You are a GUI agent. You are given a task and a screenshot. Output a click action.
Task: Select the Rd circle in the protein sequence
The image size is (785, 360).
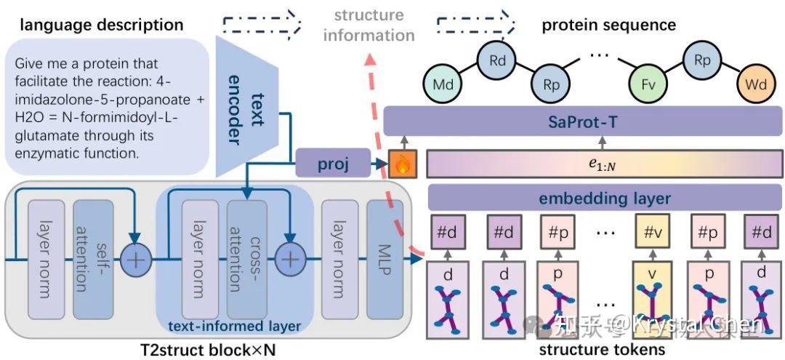[497, 60]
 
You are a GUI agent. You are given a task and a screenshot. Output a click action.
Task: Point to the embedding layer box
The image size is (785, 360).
[603, 199]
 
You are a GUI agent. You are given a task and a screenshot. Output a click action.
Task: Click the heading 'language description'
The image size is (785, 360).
[101, 25]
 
